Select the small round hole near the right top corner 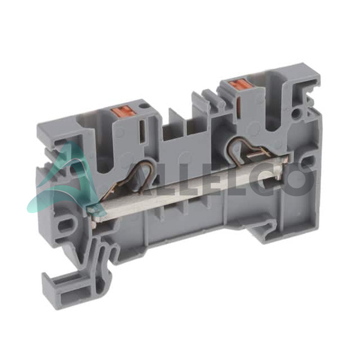tap(296, 113)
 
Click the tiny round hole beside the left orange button tap(143, 106)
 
